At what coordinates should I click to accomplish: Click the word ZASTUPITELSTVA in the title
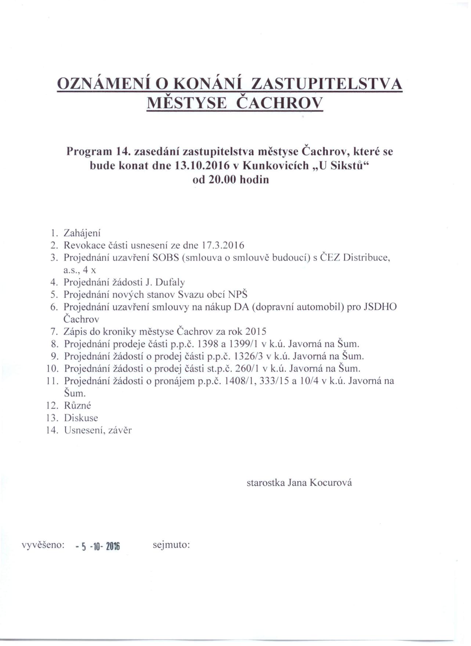[x=326, y=84]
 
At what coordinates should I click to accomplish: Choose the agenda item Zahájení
[x=82, y=233]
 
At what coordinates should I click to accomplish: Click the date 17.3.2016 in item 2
[x=224, y=245]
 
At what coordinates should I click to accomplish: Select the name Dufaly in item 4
[x=170, y=282]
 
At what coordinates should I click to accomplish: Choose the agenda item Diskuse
[x=81, y=418]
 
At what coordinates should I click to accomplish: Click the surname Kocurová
[x=330, y=482]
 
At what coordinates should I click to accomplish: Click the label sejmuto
[x=171, y=545]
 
